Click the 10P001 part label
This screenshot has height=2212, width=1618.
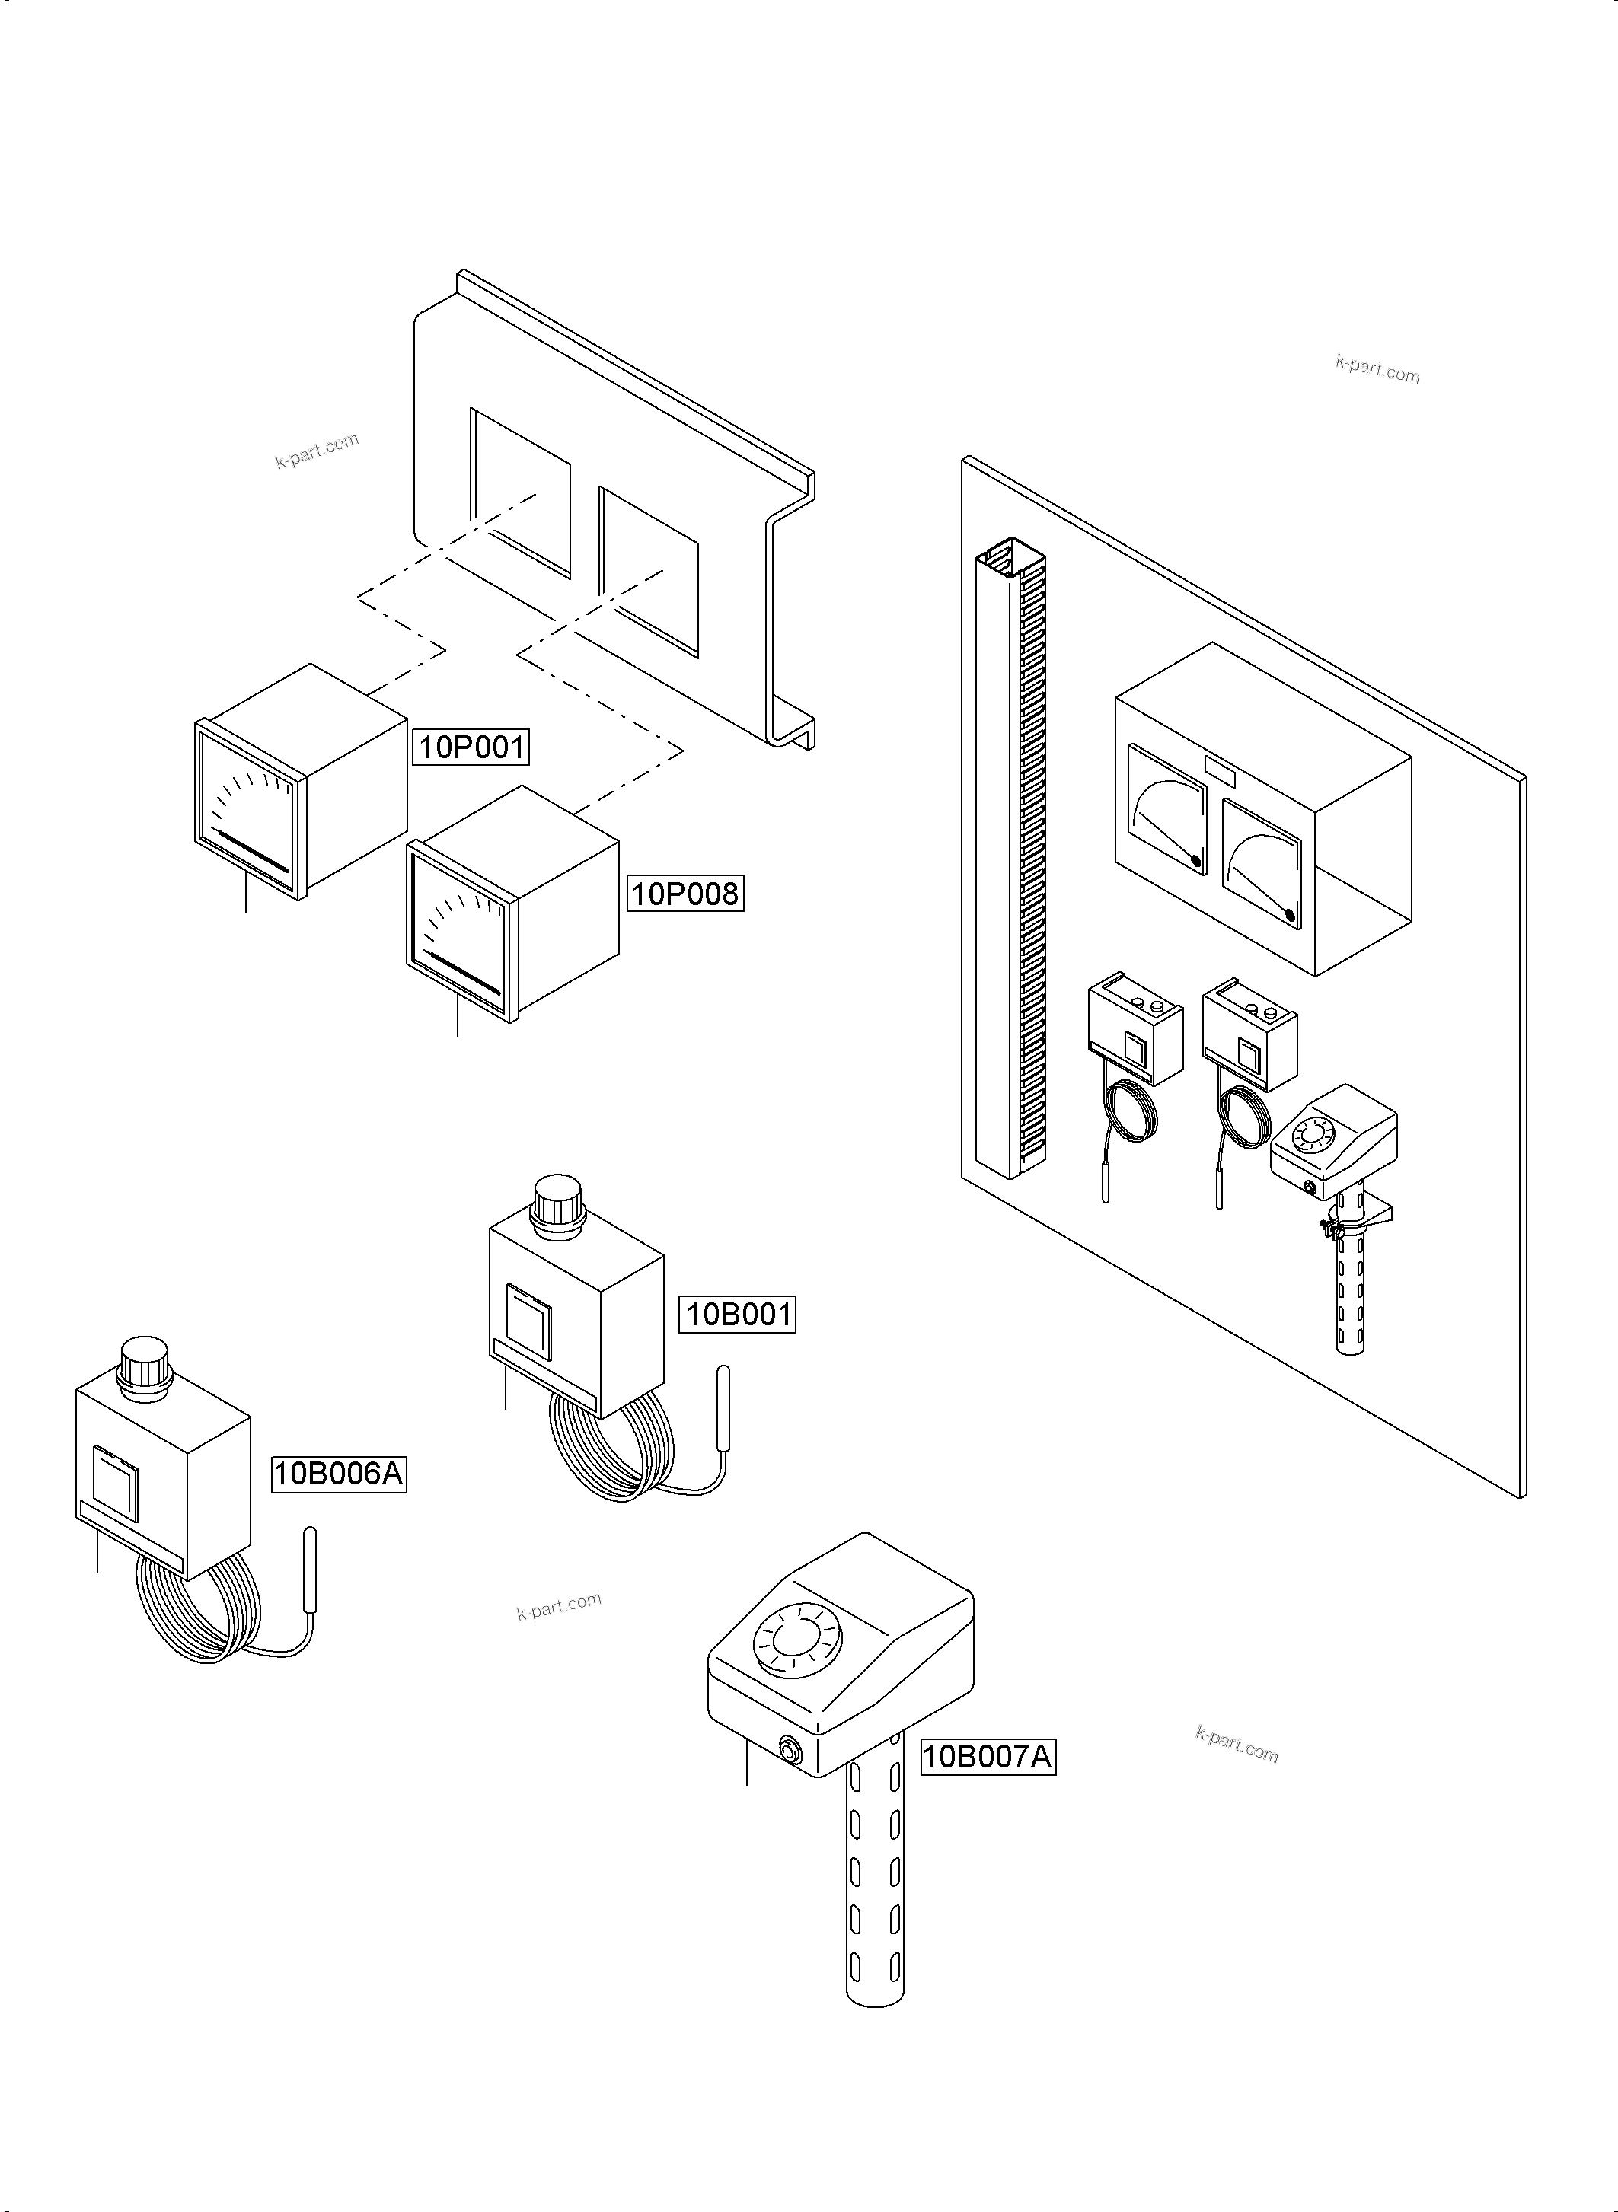click(x=471, y=747)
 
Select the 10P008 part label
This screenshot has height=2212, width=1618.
click(x=685, y=893)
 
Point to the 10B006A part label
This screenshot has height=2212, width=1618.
click(x=338, y=1474)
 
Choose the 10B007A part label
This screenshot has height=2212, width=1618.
click(x=988, y=1757)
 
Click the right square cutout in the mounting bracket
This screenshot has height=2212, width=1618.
click(x=649, y=572)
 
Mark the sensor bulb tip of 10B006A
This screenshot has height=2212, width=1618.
click(x=311, y=1566)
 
